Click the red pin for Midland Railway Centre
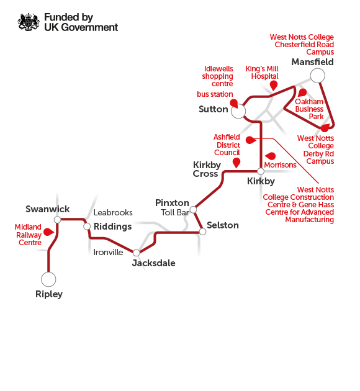pos(48,232)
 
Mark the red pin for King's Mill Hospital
pos(274,86)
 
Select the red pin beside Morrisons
pos(271,156)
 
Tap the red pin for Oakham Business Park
pos(302,92)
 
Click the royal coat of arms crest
pos(29,22)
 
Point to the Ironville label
pos(108,253)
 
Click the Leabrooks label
pos(113,212)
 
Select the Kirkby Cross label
pos(207,169)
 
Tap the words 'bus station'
pos(215,94)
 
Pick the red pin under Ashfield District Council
pos(236,163)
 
